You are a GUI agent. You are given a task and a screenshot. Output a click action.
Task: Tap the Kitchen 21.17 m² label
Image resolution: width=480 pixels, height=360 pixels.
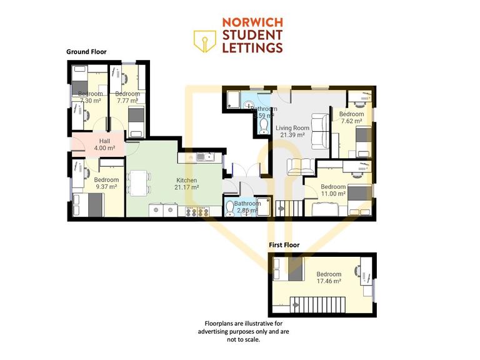click(x=186, y=183)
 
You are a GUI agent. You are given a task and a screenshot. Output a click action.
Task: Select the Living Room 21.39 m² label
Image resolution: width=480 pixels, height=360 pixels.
click(x=291, y=131)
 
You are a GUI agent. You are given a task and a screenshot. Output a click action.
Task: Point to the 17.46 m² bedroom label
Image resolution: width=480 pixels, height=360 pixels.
click(x=329, y=278)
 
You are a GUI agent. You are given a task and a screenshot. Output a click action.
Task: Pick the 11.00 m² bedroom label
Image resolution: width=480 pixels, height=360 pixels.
click(x=332, y=191)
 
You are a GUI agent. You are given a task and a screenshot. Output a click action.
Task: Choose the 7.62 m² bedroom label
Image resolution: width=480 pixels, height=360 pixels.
click(x=351, y=118)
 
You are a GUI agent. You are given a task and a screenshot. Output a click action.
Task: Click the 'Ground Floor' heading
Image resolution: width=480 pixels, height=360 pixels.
click(x=86, y=52)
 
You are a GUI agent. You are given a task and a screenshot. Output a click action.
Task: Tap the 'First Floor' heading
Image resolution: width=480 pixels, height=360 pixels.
click(x=284, y=245)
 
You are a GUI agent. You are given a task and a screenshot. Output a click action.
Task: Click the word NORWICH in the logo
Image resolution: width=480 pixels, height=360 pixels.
click(x=252, y=22)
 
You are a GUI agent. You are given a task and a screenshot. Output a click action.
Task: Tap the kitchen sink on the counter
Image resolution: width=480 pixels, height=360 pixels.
click(x=202, y=157)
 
